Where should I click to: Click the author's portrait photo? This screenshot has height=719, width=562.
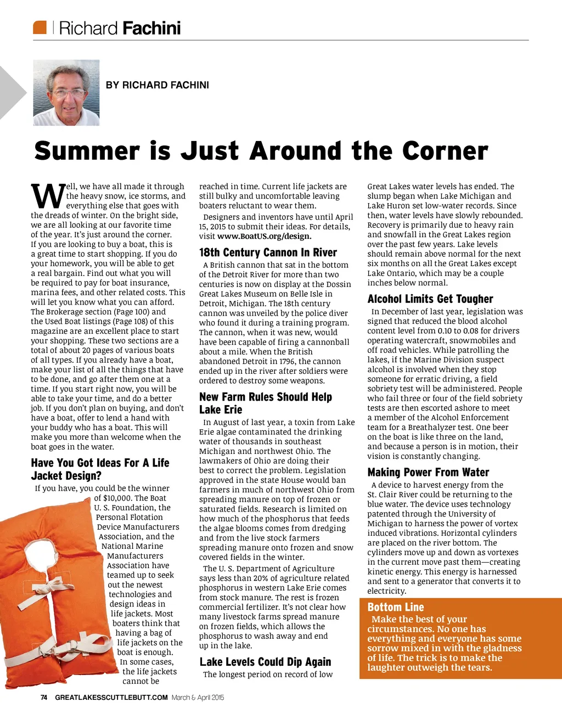click(66, 93)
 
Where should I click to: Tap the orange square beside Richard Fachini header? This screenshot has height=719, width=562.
click(40, 27)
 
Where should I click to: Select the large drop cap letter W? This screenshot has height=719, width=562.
click(47, 196)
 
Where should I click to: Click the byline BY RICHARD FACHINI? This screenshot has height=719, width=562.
click(157, 85)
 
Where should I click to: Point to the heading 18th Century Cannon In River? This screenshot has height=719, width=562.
click(268, 252)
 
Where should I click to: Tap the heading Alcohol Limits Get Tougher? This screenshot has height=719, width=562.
click(430, 299)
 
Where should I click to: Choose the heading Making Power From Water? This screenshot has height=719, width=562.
click(428, 473)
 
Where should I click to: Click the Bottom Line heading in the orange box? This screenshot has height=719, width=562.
click(396, 607)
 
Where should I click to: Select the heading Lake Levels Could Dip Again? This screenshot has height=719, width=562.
click(265, 662)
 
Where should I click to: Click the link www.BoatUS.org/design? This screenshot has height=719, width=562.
click(264, 237)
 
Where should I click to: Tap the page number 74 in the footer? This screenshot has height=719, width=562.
click(44, 698)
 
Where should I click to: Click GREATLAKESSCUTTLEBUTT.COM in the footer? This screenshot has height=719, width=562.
click(111, 698)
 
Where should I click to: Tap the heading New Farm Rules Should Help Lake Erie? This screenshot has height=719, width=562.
click(265, 403)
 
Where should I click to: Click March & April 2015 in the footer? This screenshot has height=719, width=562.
click(198, 698)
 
